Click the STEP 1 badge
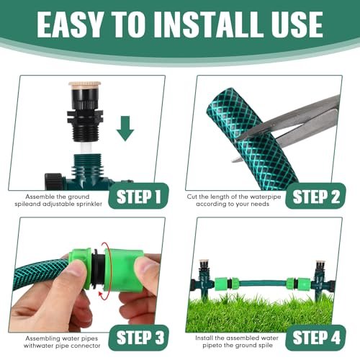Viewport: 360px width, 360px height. [x=138, y=196]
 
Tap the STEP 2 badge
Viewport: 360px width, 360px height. [x=315, y=196]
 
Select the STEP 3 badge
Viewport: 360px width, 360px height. [x=138, y=338]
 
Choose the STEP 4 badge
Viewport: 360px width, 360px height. [x=315, y=338]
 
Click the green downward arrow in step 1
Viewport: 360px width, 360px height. [x=125, y=128]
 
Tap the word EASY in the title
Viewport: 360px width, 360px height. [x=70, y=24]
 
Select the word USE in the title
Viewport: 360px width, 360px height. [x=297, y=24]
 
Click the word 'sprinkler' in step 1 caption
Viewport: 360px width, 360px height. [x=89, y=204]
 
